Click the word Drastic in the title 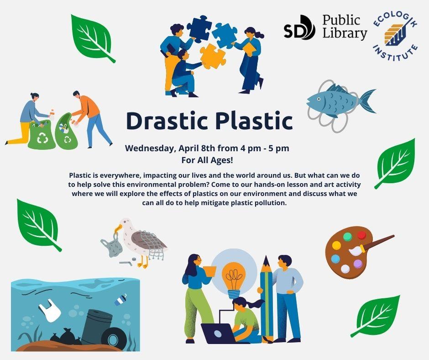pos(167,121)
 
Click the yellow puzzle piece pos(213,56)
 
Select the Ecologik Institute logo pos(396,37)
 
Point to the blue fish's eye pos(319,99)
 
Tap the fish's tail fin pos(367,101)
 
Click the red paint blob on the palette pos(361,235)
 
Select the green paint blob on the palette pos(347,237)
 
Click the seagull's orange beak pos(118,228)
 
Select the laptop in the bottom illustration pos(218,334)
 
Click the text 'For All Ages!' pos(207,160)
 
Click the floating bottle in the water pos(120,300)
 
